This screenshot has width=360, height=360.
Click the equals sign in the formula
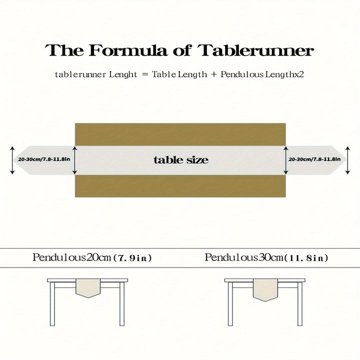(x=144, y=74)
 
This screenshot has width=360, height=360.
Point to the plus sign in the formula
(x=213, y=74)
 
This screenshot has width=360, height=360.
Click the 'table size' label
(x=180, y=160)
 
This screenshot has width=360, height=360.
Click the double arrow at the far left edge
(x=12, y=160)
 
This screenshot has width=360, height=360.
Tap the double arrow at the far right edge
(x=348, y=160)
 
